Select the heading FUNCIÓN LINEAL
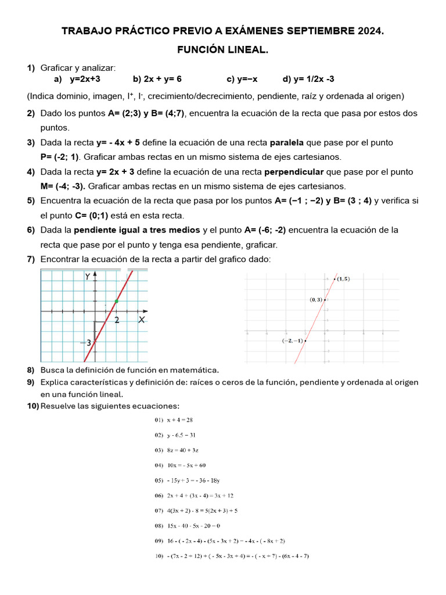click(x=222, y=51)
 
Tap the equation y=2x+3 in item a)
click(x=85, y=79)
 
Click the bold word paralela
click(x=285, y=142)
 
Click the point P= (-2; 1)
click(x=59, y=157)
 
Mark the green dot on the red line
click(x=117, y=301)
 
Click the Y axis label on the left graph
click(x=88, y=277)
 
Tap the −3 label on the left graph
click(x=85, y=343)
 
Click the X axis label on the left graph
click(x=141, y=320)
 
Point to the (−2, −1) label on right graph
click(x=292, y=340)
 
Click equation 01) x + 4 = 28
click(x=174, y=420)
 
